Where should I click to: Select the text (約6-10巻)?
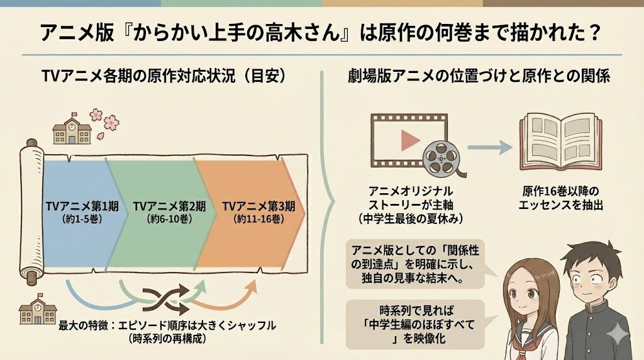tap(168, 219)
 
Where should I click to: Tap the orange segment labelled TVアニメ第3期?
tap(252, 189)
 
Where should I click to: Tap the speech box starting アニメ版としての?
tap(415, 263)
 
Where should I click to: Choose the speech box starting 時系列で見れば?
tap(415, 325)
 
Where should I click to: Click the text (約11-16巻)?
tap(258, 219)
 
